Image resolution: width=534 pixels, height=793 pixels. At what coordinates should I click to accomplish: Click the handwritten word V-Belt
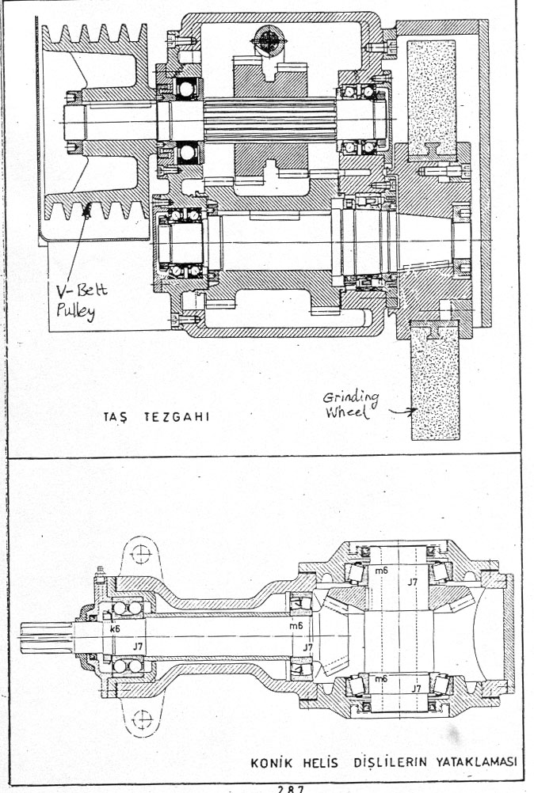pos(82,292)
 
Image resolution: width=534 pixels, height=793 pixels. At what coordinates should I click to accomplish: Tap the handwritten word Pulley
pos(75,311)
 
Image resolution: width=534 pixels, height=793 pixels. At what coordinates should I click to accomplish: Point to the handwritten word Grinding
pos(350,398)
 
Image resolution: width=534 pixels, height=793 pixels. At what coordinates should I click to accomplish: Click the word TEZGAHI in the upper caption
pos(177,417)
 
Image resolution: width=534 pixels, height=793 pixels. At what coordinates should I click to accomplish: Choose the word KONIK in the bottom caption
pos(271,763)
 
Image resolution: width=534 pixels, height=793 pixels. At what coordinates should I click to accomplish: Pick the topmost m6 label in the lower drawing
pos(381,571)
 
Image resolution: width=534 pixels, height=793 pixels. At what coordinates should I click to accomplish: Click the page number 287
pos(290,788)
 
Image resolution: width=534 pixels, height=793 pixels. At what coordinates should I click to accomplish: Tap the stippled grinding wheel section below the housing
pos(436,381)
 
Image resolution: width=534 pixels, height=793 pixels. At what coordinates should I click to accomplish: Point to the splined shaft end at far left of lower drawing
pos(45,637)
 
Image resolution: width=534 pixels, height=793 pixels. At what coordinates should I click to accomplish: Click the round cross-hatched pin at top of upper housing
pos(269,40)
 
